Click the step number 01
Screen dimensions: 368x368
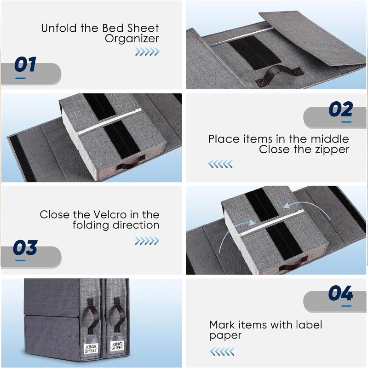[25, 64]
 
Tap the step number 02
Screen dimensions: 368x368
[341, 109]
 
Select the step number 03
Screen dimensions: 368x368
[25, 247]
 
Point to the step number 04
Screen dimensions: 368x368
[341, 293]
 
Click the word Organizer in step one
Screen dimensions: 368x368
[132, 39]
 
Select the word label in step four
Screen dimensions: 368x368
[309, 325]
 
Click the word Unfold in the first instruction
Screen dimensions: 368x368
[59, 28]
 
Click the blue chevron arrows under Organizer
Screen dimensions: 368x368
[147, 52]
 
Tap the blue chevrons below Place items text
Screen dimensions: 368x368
[220, 164]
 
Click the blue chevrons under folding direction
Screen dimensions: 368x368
[147, 241]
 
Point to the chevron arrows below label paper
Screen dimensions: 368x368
[222, 351]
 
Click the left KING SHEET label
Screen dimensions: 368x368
[91, 349]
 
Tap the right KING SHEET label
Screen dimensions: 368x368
[117, 346]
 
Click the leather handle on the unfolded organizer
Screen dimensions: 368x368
[279, 75]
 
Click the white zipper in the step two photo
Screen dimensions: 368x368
[109, 121]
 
